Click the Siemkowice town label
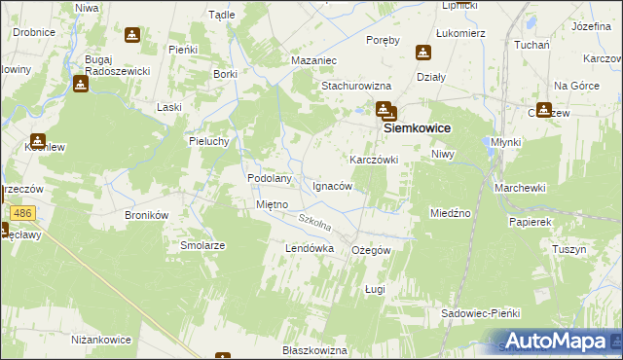(421, 127)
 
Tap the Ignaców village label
(332, 185)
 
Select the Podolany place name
(270, 179)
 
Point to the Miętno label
(271, 205)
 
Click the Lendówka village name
(310, 249)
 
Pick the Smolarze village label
(202, 246)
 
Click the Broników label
(148, 214)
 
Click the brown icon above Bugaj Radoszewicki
(131, 37)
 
